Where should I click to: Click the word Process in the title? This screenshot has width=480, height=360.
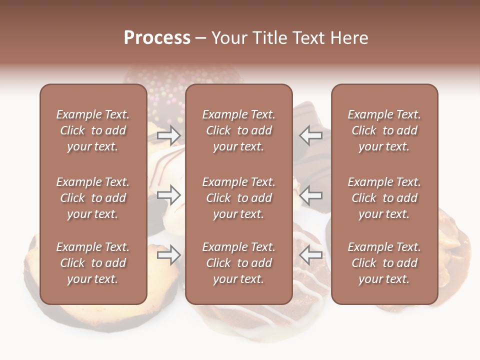[157, 38]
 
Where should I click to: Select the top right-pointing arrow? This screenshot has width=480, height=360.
[169, 135]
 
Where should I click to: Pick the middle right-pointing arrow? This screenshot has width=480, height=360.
[169, 195]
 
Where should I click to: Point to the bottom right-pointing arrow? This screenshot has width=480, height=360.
[169, 255]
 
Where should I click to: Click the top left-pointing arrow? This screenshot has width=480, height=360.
[311, 135]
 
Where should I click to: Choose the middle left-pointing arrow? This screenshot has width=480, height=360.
[311, 195]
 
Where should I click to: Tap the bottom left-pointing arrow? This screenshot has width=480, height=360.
[311, 255]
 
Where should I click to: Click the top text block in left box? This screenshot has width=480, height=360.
[93, 130]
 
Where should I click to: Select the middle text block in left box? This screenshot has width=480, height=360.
[93, 198]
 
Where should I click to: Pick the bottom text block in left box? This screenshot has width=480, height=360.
[93, 263]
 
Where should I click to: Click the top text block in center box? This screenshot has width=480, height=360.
[239, 130]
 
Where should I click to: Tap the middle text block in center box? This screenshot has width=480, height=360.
[239, 198]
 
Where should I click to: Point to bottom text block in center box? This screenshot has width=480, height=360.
[239, 263]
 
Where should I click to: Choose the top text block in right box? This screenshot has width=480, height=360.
[384, 130]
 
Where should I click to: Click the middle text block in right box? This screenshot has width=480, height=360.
[384, 198]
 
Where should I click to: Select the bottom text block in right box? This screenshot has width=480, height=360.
[384, 263]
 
